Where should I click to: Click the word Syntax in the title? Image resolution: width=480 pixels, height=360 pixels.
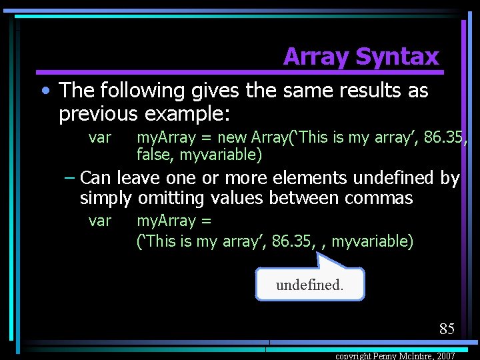tap(399, 57)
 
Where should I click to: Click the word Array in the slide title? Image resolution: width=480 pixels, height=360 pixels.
tap(317, 57)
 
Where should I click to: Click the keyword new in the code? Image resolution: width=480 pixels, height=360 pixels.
tap(232, 138)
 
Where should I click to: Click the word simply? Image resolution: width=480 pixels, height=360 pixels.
tap(106, 199)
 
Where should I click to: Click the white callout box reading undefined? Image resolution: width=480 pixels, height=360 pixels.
tap(309, 285)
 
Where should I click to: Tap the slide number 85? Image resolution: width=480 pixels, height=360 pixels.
tap(447, 328)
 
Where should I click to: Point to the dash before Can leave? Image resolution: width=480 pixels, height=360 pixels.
tap(69, 178)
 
